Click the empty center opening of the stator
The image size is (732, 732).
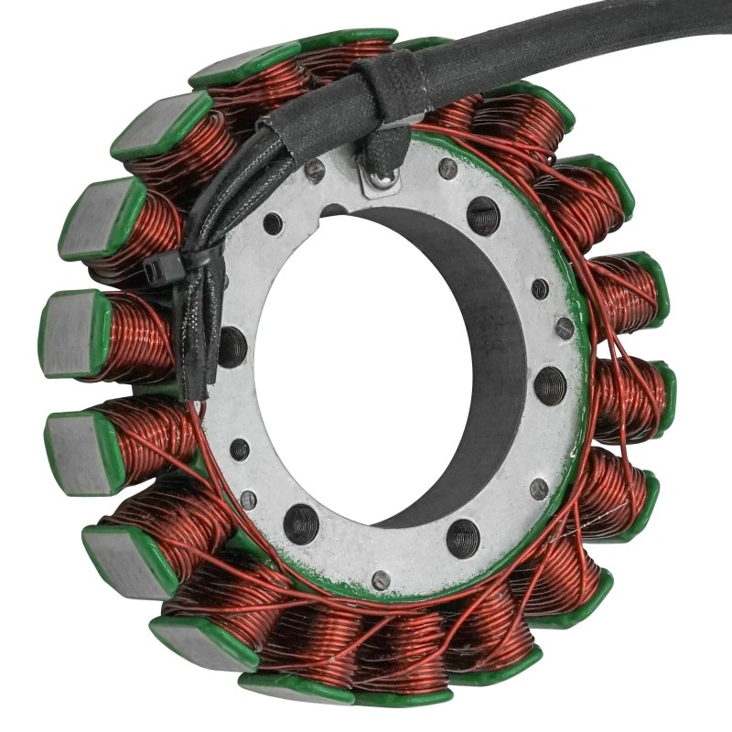(366, 366)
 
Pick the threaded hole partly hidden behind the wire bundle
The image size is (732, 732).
(232, 346)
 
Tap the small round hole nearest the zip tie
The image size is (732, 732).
(273, 222)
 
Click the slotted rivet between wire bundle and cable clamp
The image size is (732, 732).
(315, 169)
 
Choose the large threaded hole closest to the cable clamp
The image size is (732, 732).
(483, 216)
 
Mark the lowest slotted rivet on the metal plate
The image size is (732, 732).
(381, 579)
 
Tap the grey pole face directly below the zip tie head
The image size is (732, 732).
(73, 332)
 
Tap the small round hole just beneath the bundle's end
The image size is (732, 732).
(239, 449)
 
